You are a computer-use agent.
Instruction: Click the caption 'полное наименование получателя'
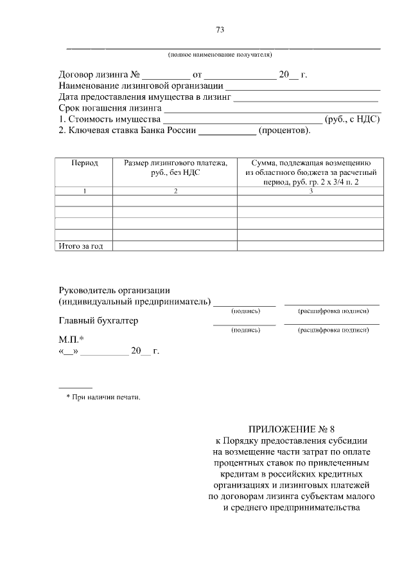(220, 55)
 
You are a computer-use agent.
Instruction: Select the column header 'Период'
(84, 163)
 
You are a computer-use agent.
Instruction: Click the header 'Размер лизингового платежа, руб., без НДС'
(175, 168)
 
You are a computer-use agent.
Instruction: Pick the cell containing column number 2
(175, 191)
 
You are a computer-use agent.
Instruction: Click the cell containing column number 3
(310, 191)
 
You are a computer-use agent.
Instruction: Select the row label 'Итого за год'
(81, 246)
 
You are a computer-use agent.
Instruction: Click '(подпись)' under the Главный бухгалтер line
(245, 330)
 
